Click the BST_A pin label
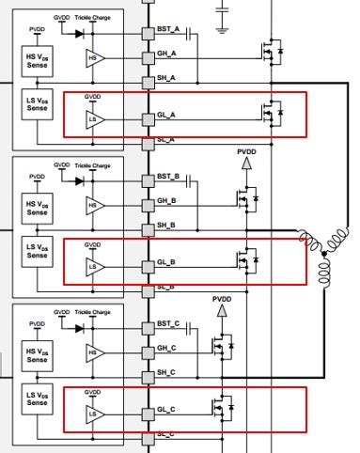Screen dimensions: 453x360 pyautogui.click(x=169, y=32)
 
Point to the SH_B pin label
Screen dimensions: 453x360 pyautogui.click(x=168, y=225)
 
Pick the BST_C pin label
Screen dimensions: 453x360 pyautogui.click(x=169, y=326)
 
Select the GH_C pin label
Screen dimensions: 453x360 pyautogui.click(x=168, y=349)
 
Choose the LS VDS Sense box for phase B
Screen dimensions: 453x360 pyautogui.click(x=37, y=250)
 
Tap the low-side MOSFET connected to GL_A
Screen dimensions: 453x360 pyautogui.click(x=270, y=114)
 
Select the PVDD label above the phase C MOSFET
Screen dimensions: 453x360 pyautogui.click(x=222, y=301)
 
